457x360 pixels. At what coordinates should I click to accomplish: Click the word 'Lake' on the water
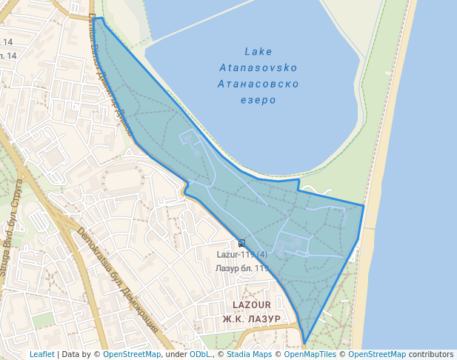tap(258, 52)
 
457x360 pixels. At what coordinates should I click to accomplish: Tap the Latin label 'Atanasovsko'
tap(258, 68)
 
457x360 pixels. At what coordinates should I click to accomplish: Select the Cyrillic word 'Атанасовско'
tap(258, 84)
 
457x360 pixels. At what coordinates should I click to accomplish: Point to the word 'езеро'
tap(258, 100)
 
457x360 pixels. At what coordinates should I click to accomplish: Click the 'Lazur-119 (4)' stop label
tap(241, 255)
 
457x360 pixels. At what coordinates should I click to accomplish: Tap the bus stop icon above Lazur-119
tap(241, 243)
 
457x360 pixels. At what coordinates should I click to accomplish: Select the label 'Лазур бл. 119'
tap(242, 267)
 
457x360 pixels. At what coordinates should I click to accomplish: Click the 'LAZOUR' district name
tap(251, 304)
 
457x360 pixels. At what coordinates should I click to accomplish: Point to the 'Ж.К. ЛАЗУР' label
tap(251, 319)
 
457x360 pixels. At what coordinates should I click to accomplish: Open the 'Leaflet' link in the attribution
tap(41, 354)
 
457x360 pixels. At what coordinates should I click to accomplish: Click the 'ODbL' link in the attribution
tap(199, 354)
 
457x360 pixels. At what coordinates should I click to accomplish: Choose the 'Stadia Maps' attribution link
tap(252, 354)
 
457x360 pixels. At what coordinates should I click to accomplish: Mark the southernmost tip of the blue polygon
tap(304, 344)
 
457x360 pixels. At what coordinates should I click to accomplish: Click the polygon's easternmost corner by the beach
tap(364, 205)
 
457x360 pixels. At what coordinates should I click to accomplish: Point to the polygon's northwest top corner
tap(95, 19)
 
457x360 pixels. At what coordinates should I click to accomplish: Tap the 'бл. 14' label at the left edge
tap(8, 56)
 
